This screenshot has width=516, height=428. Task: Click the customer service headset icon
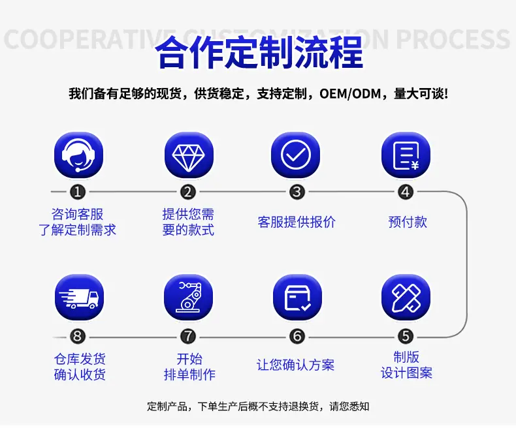[x=78, y=155]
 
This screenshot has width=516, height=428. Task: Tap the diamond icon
[x=189, y=155]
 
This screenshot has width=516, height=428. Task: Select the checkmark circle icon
[x=295, y=155]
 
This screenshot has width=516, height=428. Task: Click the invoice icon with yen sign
[x=406, y=155]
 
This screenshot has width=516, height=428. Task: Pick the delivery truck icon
[x=79, y=297]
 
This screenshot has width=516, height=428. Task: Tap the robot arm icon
[x=189, y=297]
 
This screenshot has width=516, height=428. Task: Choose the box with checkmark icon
[x=297, y=297]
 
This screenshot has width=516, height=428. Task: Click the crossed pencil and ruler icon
[x=406, y=297]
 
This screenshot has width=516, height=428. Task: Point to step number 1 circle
[x=78, y=192]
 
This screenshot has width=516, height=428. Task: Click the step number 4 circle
[x=406, y=192]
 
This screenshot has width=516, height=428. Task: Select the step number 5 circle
[x=406, y=336]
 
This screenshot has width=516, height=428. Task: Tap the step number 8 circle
[x=78, y=336]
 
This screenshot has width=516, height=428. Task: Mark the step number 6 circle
[x=297, y=336]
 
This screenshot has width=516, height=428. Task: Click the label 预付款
[x=408, y=222]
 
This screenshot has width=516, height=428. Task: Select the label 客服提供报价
[x=297, y=222]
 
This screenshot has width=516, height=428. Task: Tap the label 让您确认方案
[x=295, y=365]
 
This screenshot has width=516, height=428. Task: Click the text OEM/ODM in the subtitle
[x=350, y=94]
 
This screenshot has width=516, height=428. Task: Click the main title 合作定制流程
[x=259, y=53]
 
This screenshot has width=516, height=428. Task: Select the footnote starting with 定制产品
[x=258, y=406]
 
